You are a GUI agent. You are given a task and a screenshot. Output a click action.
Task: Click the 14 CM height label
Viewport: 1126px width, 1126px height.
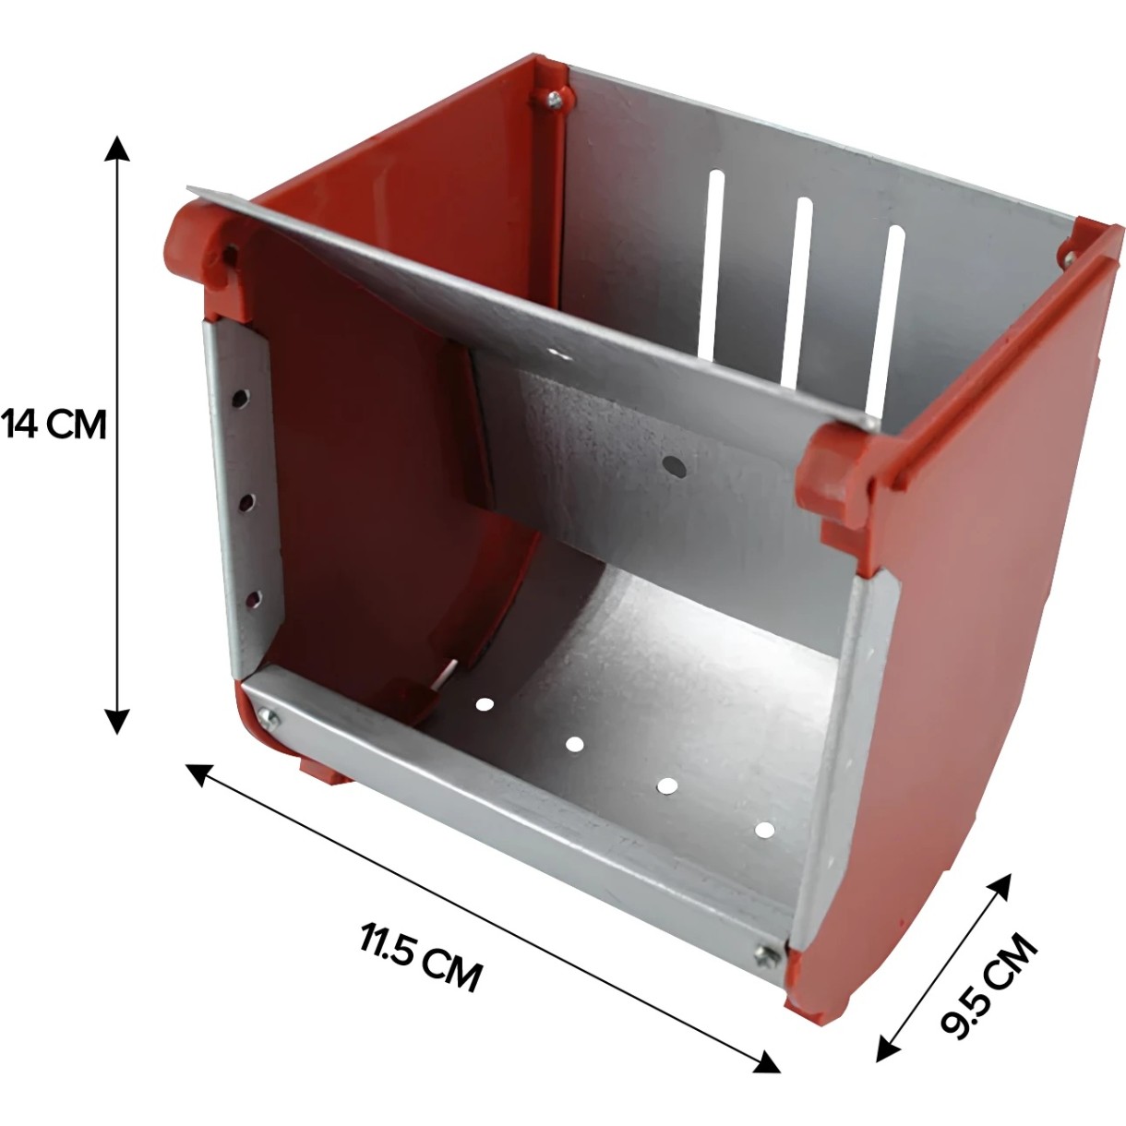coord(54,425)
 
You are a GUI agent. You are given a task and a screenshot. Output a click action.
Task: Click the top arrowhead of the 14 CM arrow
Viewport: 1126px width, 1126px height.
coord(117,148)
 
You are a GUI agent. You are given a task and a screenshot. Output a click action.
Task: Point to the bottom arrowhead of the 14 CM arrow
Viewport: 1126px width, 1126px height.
coord(117,721)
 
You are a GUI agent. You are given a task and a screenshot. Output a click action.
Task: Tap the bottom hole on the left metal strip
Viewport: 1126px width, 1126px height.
coord(254,598)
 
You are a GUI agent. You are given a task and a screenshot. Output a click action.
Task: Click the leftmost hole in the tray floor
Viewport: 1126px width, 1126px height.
coord(483,704)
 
